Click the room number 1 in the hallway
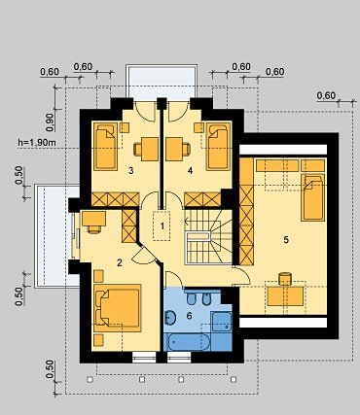click(x=162, y=226)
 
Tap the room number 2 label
click(x=120, y=262)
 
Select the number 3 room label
click(x=130, y=171)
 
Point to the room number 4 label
click(x=190, y=171)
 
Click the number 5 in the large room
click(x=286, y=240)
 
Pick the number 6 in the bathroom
click(x=190, y=316)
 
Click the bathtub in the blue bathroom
click(x=188, y=342)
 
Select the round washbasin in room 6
click(x=169, y=318)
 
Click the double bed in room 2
click(x=118, y=308)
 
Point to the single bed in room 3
click(x=106, y=146)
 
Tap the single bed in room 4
click(x=218, y=146)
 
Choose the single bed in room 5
click(x=313, y=197)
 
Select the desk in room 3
click(x=150, y=149)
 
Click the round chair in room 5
click(x=285, y=278)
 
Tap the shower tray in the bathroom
click(x=222, y=322)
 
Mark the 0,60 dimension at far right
click(x=326, y=95)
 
